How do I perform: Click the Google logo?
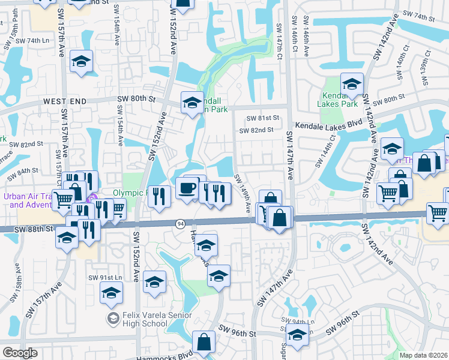pos(20,353)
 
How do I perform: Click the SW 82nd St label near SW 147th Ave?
pos(256,130)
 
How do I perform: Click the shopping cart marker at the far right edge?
pos(437,213)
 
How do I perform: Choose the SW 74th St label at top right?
pos(418,13)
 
